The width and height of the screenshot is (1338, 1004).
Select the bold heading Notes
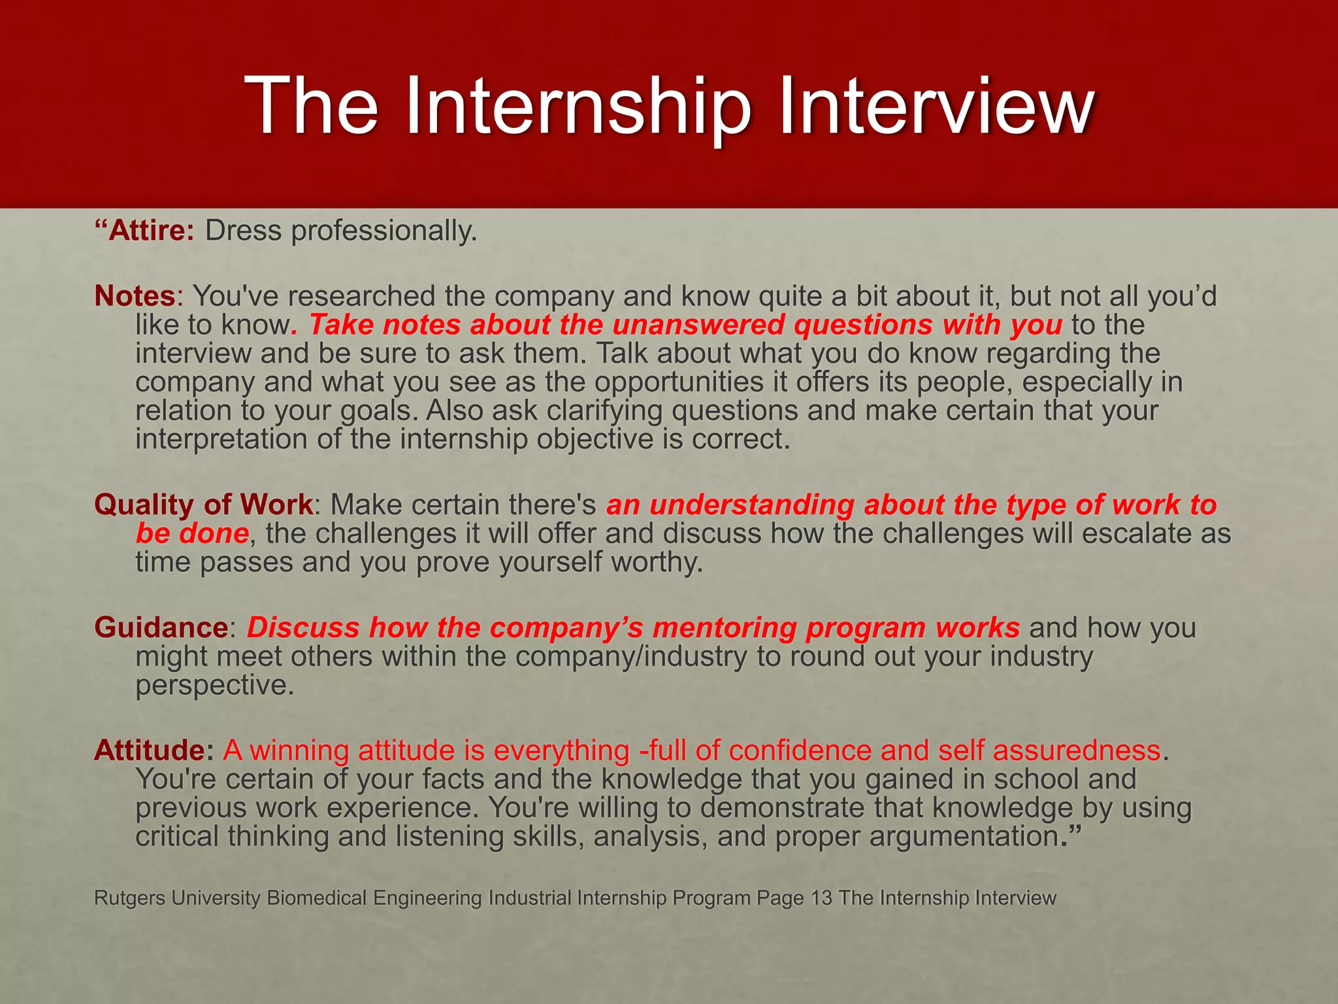pos(135,296)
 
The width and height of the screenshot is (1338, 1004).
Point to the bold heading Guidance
pos(161,627)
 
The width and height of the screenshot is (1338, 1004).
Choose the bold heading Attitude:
pos(154,750)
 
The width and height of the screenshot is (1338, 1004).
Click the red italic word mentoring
pos(724,627)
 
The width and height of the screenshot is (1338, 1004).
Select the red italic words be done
pos(192,533)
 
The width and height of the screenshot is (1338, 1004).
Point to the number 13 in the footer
pos(821,898)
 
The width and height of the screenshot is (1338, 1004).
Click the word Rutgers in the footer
pos(129,898)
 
